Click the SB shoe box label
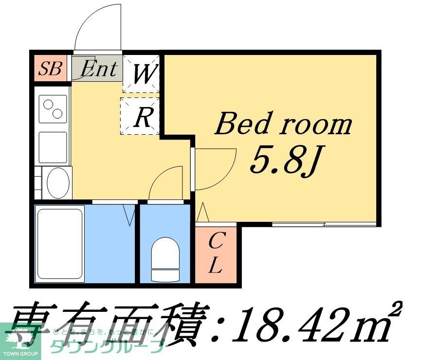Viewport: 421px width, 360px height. [x=51, y=69]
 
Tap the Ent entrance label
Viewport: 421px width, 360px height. [x=99, y=69]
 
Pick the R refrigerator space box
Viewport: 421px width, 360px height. [x=141, y=116]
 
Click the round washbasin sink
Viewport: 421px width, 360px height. [x=59, y=182]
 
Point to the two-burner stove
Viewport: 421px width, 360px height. [x=53, y=108]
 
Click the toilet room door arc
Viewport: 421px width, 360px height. [x=165, y=183]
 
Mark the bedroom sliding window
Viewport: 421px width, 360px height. [x=324, y=224]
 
